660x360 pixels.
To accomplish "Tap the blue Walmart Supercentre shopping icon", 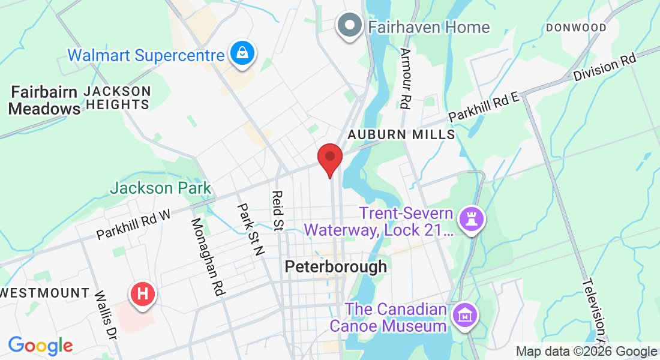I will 241,55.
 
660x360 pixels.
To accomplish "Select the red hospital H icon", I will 143,294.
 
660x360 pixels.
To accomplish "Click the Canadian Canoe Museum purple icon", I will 466,314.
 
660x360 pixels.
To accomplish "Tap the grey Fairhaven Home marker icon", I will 350,26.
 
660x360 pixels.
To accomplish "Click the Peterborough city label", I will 335,266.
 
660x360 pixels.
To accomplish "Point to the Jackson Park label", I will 160,188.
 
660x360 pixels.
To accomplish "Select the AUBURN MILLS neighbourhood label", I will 401,134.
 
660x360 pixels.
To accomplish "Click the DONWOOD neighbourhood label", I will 576,28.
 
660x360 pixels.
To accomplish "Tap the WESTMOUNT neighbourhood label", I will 45,293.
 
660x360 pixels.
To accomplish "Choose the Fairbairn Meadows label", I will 45,100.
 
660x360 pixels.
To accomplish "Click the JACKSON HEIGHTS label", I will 117,98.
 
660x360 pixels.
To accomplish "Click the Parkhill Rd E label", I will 483,106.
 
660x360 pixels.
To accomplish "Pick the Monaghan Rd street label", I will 208,257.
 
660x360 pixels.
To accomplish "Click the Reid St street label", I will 278,211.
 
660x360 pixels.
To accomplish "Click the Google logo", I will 40,346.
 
